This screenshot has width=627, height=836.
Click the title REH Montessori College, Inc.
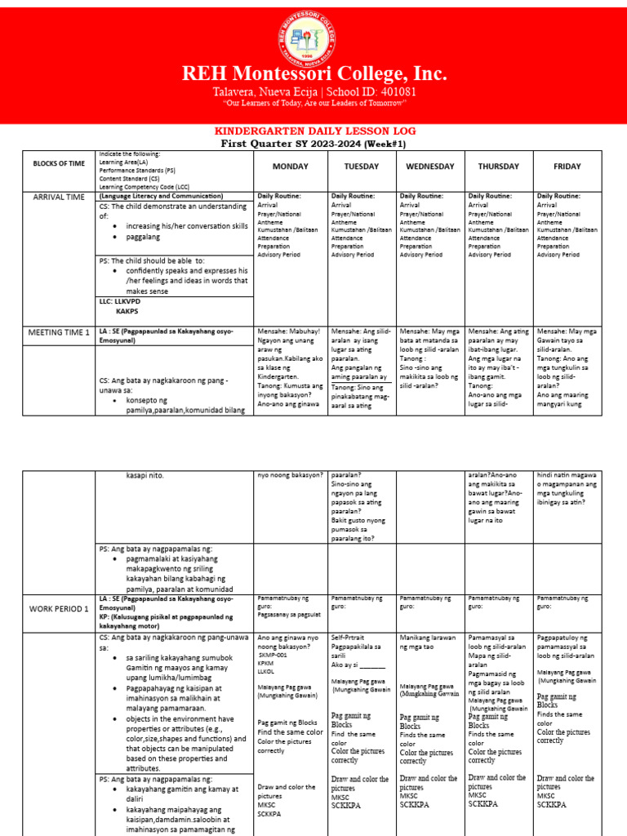coord(313,74)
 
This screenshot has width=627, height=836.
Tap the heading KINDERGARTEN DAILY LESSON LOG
coord(314,131)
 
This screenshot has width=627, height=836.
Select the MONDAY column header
coord(289,166)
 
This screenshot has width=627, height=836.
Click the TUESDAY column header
coord(361,166)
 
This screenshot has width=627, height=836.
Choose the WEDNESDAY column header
coord(429,166)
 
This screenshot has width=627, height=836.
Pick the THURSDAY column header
coord(498,166)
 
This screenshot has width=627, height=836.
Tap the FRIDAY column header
coord(567,166)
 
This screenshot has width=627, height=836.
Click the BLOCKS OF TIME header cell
coord(59,163)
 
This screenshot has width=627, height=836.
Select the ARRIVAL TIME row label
coord(59,198)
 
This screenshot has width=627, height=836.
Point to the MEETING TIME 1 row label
coord(60,332)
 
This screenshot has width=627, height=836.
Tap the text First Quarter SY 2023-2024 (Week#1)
coord(313,143)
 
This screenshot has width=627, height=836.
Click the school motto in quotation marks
coord(314,104)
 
